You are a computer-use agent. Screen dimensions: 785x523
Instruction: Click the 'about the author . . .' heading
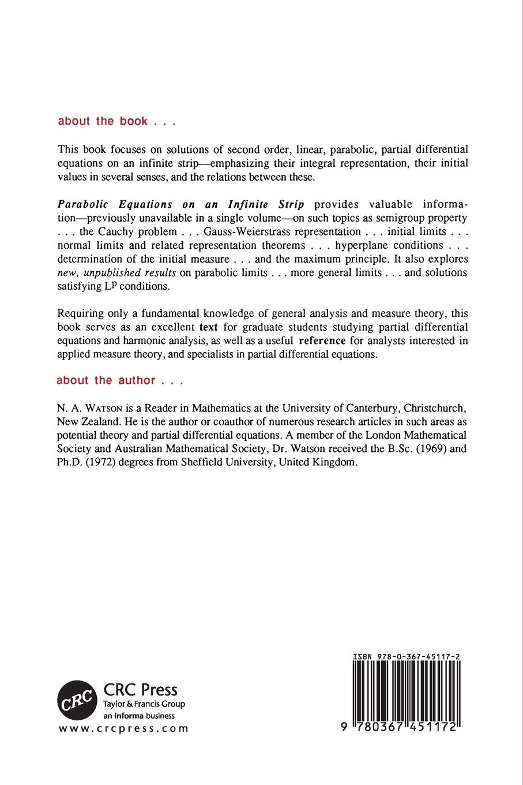tap(119, 380)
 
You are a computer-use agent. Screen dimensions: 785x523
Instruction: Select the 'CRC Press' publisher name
tap(140, 689)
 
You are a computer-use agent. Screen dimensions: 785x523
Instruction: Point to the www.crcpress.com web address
tap(123, 728)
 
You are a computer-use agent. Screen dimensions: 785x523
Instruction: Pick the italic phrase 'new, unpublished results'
tap(117, 272)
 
